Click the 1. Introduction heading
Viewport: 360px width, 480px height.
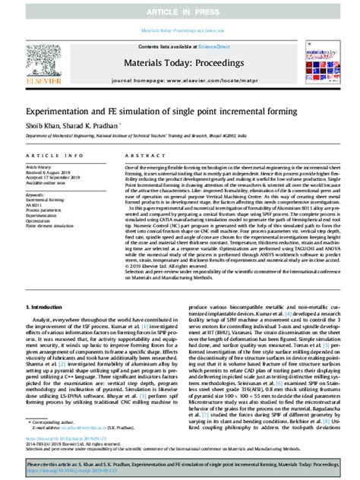tap(50, 306)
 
